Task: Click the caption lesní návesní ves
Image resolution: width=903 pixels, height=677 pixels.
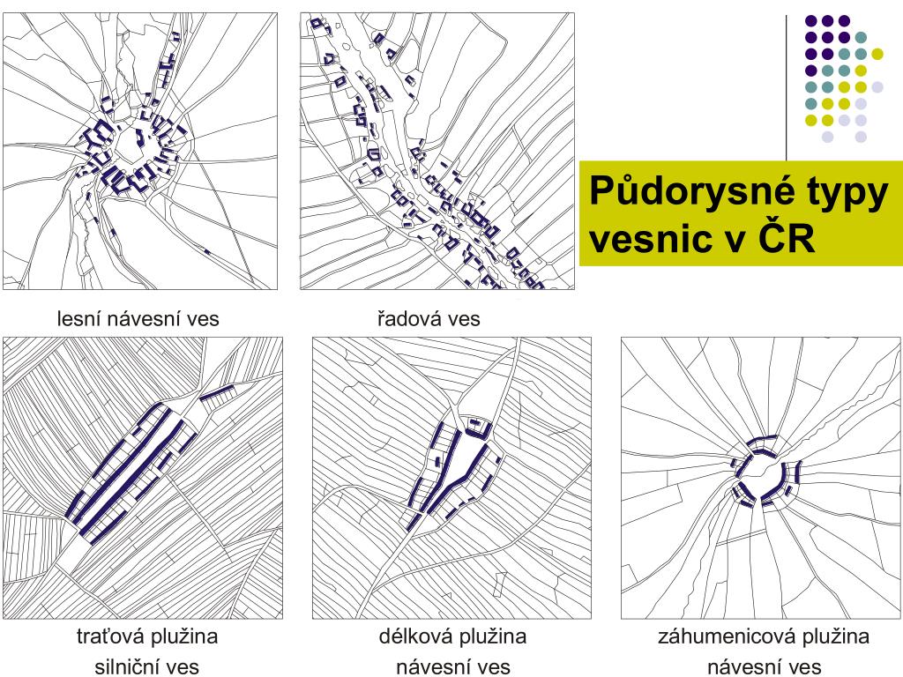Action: click(138, 319)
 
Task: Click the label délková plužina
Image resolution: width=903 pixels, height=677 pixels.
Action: click(452, 636)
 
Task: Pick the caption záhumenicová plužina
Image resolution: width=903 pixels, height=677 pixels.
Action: click(764, 636)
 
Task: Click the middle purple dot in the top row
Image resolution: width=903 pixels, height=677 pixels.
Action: click(827, 21)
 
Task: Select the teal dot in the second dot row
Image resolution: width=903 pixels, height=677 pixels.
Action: click(861, 38)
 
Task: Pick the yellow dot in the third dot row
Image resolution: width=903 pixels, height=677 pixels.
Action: click(877, 54)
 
